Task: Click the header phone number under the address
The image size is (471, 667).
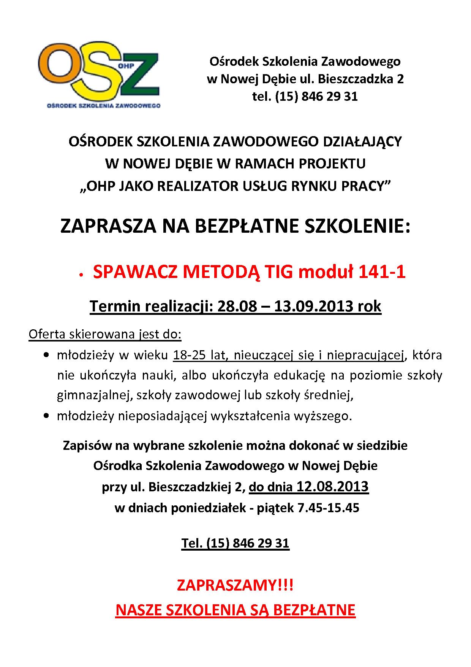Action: point(305,97)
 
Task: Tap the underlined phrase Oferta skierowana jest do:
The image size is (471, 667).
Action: point(105,335)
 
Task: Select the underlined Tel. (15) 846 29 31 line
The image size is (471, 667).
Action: point(235,543)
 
